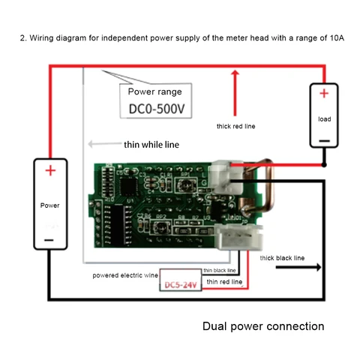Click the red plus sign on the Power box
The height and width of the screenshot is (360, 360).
[50, 170]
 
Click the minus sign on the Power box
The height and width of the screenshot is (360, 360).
[49, 239]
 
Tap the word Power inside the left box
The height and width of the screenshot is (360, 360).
[50, 203]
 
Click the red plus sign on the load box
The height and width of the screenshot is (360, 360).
[324, 94]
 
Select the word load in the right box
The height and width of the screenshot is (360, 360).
[324, 118]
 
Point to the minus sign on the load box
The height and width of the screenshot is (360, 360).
[323, 139]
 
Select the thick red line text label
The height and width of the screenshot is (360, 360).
[235, 126]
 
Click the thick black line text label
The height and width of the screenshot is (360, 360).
[283, 257]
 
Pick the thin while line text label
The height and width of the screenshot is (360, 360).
[151, 145]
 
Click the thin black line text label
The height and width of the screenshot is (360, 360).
[219, 270]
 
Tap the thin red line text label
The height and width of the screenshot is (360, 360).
[224, 281]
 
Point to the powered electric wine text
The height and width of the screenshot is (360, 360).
[124, 275]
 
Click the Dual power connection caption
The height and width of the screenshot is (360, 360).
[263, 326]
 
